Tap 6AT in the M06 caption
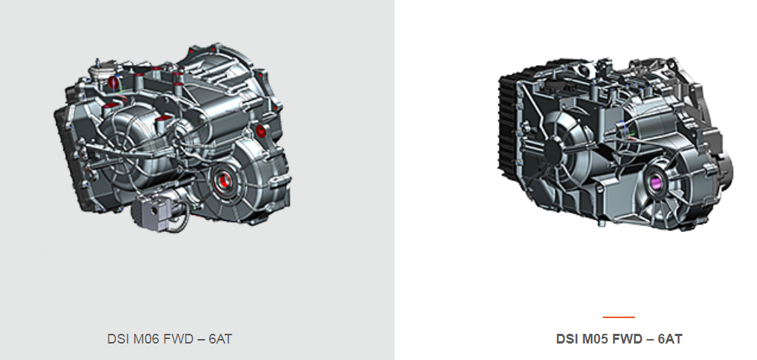[x=220, y=339]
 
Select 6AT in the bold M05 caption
[x=670, y=339]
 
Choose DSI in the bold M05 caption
[x=568, y=339]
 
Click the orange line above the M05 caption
[x=619, y=317]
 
